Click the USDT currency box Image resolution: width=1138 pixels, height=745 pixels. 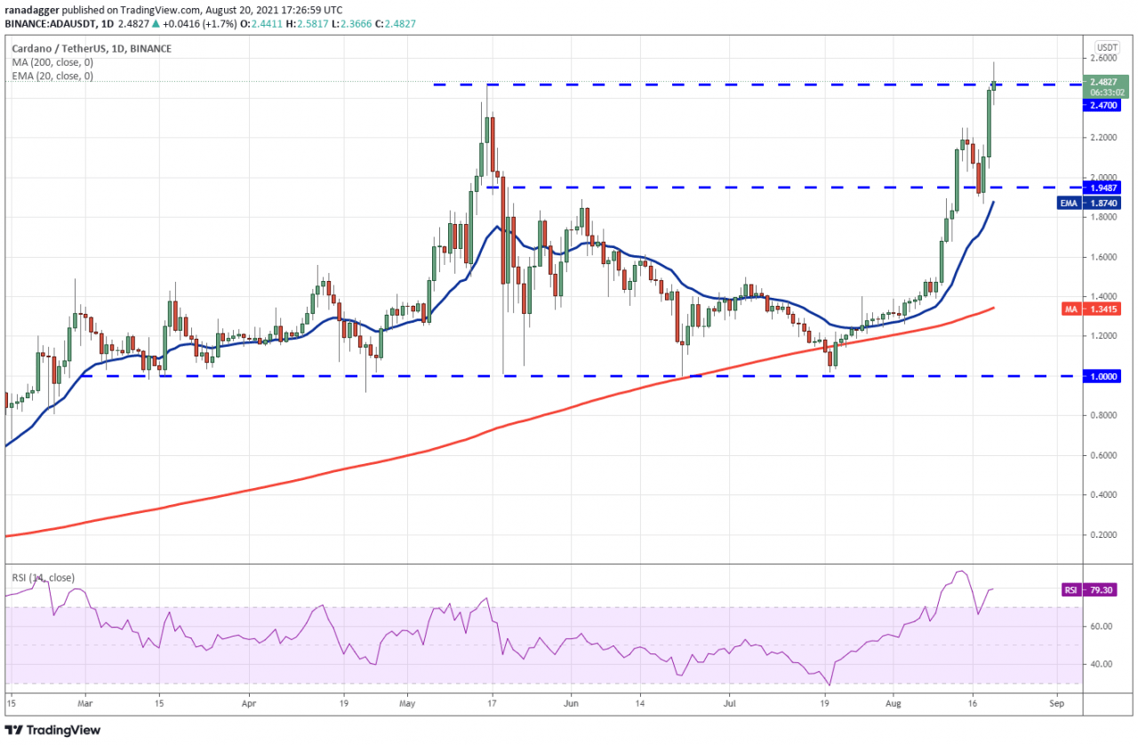(x=1106, y=47)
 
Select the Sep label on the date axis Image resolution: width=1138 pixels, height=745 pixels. (x=1056, y=701)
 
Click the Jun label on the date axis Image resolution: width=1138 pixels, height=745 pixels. (x=571, y=701)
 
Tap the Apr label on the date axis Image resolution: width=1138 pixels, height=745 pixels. (x=248, y=701)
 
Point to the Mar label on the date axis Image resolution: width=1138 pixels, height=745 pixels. (x=85, y=701)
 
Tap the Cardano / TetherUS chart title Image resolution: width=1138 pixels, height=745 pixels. (x=67, y=49)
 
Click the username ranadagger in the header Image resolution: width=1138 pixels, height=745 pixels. (x=36, y=10)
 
